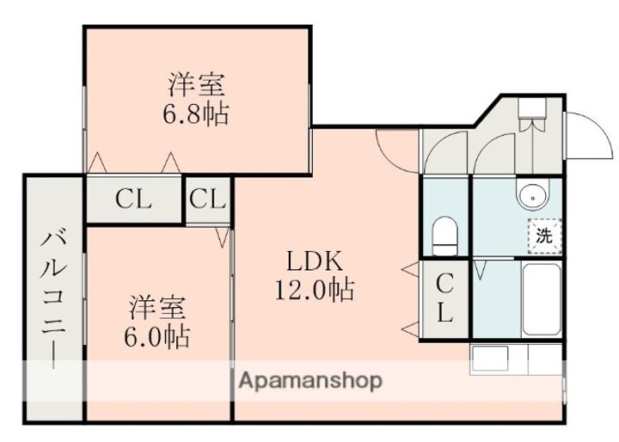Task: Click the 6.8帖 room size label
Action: click(x=196, y=114)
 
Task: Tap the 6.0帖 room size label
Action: click(x=157, y=337)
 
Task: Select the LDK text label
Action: click(x=315, y=261)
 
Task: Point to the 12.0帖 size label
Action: click(x=315, y=290)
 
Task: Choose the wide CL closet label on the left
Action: click(x=133, y=200)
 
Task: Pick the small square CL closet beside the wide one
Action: click(x=207, y=200)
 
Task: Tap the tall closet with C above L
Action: click(x=445, y=298)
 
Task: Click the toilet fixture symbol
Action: click(x=444, y=236)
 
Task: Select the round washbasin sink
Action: click(x=533, y=196)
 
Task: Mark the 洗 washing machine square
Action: click(x=545, y=236)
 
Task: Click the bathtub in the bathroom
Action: click(x=542, y=299)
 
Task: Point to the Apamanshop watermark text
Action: click(x=311, y=381)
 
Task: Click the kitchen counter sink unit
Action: click(x=516, y=359)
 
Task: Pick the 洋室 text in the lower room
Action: click(x=157, y=307)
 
